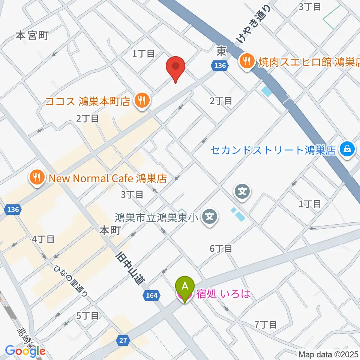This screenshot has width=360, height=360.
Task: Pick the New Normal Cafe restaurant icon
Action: [x=37, y=177]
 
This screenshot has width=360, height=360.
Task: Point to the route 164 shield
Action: [x=151, y=296]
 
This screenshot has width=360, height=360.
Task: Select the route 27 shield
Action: [x=124, y=340]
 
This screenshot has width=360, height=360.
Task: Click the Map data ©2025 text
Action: [x=328, y=354]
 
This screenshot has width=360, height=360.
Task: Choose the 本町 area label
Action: [x=110, y=231]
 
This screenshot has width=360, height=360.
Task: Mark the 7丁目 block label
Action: [x=265, y=324]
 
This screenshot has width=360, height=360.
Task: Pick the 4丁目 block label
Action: [x=43, y=239]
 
